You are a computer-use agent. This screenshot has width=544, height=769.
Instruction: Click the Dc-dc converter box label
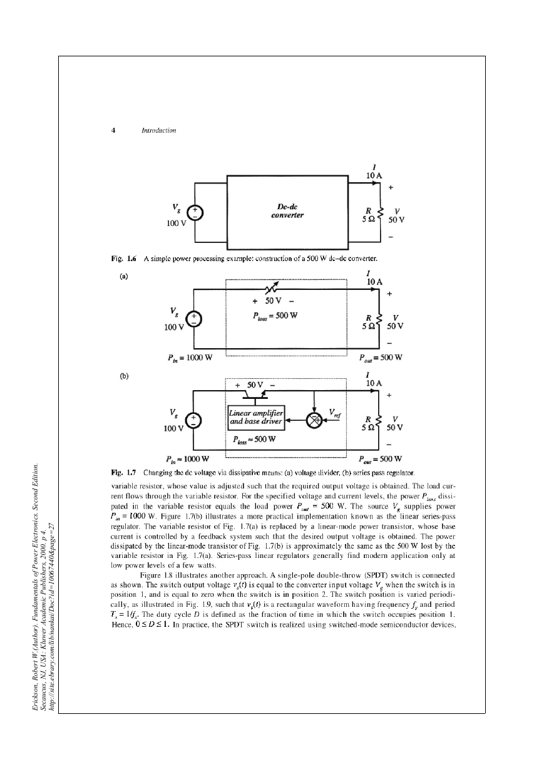pyautogui.click(x=287, y=211)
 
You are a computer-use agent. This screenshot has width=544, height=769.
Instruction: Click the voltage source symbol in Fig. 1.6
pyautogui.click(x=195, y=213)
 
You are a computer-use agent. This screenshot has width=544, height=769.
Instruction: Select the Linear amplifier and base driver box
pyautogui.click(x=256, y=418)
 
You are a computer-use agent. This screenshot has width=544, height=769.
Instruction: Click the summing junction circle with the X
pyautogui.click(x=314, y=420)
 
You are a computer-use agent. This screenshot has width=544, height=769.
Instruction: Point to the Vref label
pyautogui.click(x=335, y=413)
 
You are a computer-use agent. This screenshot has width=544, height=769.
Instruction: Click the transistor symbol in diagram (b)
pyautogui.click(x=255, y=395)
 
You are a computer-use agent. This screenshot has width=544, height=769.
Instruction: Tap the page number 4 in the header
pyautogui.click(x=113, y=130)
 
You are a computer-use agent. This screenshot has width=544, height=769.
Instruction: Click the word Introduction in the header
pyautogui.click(x=159, y=130)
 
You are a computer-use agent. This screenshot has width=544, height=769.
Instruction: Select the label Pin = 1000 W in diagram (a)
pyautogui.click(x=190, y=358)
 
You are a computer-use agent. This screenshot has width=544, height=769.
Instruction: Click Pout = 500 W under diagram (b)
pyautogui.click(x=380, y=459)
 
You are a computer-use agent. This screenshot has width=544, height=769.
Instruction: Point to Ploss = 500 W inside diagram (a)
pyautogui.click(x=275, y=316)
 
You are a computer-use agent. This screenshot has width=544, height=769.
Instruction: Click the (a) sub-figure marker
pyautogui.click(x=123, y=276)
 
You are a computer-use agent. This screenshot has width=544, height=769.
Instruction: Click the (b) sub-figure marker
pyautogui.click(x=124, y=376)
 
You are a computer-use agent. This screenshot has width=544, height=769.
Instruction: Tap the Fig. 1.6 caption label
pyautogui.click(x=123, y=259)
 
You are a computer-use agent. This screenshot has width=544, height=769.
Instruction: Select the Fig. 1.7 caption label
pyautogui.click(x=123, y=473)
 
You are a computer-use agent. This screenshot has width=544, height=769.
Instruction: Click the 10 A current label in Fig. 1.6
pyautogui.click(x=374, y=175)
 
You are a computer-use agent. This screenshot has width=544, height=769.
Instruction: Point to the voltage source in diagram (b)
pyautogui.click(x=193, y=421)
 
